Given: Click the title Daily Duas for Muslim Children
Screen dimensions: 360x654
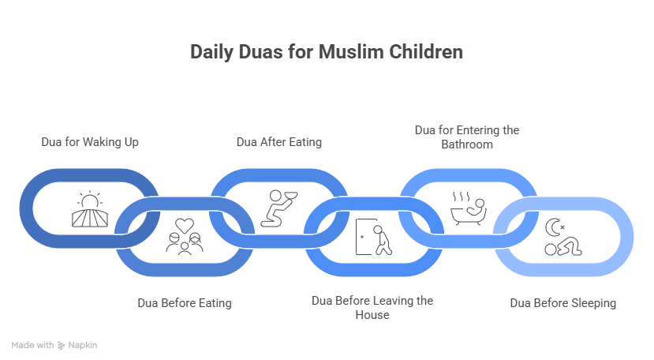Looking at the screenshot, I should (x=327, y=53).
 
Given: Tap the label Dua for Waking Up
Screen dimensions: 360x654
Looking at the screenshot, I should (x=90, y=142).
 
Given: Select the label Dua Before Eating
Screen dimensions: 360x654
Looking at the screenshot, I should (x=185, y=302).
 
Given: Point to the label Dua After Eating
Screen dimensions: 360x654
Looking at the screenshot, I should (x=279, y=142).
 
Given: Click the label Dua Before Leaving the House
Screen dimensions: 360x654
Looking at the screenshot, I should (x=372, y=307).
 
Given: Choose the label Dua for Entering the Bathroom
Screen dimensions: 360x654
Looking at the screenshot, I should (x=467, y=137).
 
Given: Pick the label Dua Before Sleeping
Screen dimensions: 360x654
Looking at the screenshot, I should (x=562, y=302).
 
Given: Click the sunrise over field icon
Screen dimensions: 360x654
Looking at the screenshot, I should (x=88, y=209).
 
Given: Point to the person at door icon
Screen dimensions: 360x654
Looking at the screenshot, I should (x=373, y=236).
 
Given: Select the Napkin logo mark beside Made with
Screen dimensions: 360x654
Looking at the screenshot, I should (x=62, y=345).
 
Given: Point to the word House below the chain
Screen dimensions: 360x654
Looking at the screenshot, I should (x=372, y=314).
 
